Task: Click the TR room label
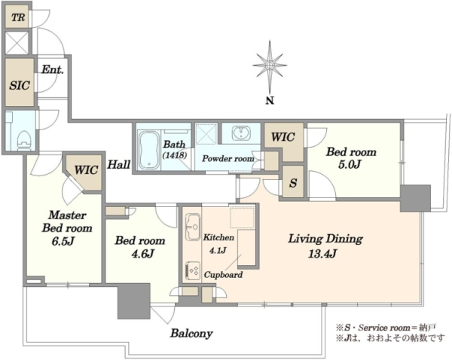18,17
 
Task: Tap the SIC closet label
20,85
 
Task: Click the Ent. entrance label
53,69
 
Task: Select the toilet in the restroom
23,141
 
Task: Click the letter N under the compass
270,101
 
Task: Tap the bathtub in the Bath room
148,150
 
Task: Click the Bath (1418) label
175,149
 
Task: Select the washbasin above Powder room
241,133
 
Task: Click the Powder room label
228,158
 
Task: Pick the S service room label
293,183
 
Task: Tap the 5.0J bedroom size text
350,165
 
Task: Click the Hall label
118,165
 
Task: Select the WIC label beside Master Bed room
86,169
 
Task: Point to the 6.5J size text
63,241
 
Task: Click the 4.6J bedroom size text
142,254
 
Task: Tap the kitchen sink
193,227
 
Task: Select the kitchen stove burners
193,270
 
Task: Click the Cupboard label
223,275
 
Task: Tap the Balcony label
191,334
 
